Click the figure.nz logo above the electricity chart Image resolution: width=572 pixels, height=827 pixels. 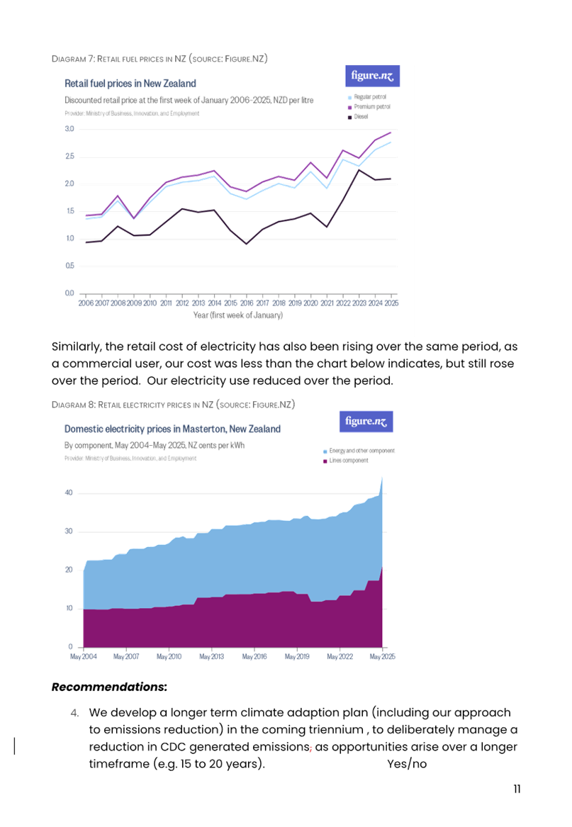366,422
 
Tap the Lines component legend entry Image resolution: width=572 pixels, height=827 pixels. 349,461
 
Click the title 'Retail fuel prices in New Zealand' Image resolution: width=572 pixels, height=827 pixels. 130,84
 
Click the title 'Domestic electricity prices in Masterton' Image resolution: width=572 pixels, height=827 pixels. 172,429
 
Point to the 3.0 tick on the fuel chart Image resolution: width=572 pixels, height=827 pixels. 69,129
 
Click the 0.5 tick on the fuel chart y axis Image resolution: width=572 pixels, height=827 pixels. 69,266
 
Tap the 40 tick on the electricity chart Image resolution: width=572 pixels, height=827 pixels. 69,493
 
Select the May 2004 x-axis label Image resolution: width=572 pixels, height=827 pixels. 84,657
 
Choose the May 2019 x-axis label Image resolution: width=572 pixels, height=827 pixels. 297,657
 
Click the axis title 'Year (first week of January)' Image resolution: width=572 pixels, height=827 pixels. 238,315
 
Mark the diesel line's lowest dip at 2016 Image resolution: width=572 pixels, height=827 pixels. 247,244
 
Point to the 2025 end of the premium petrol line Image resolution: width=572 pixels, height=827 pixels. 391,132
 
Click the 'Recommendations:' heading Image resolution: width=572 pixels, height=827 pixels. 109,687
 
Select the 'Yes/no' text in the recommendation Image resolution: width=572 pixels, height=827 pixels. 407,765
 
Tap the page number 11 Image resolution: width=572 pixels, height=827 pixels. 517,789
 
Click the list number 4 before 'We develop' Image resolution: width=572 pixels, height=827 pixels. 75,712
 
